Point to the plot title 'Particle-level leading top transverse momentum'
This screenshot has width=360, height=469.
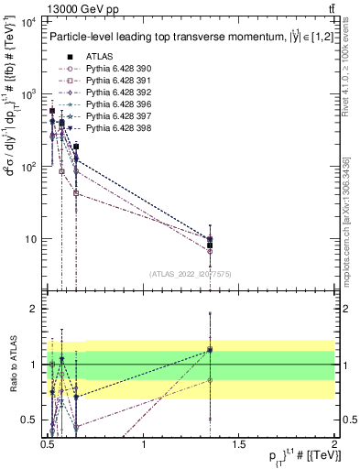coord(161,38)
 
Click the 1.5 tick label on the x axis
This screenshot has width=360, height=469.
coord(240,445)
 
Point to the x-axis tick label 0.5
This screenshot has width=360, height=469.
coord(49,445)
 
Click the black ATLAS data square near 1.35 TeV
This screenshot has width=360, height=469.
coord(210,245)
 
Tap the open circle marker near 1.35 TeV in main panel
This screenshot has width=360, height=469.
coord(210,250)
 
